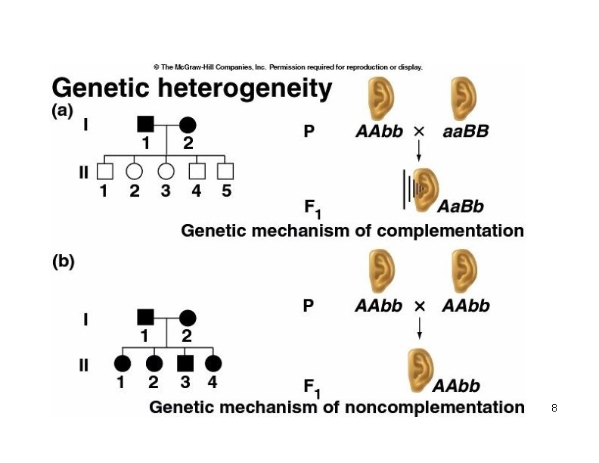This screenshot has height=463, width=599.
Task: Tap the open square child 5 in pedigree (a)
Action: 225,171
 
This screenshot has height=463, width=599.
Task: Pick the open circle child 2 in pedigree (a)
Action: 134,171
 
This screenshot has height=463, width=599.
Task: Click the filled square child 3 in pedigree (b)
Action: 184,364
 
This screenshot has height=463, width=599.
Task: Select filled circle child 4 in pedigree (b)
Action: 213,364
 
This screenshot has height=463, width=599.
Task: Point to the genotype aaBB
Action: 464,132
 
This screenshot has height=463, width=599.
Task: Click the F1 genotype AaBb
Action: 461,206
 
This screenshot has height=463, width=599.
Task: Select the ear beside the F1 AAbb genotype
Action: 418,369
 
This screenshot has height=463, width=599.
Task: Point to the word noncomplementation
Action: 435,408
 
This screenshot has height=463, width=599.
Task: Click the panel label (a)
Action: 62,110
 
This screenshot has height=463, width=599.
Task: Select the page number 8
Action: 554,409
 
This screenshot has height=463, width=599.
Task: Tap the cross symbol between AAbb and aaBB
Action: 420,132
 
